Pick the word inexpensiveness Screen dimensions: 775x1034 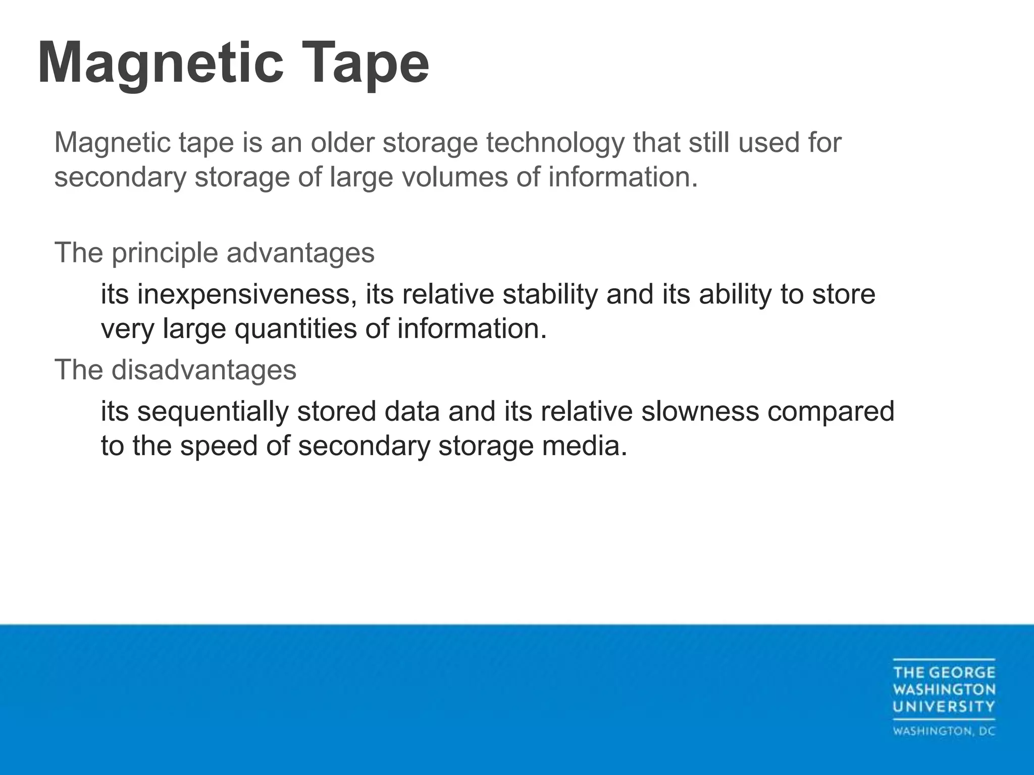coord(244,295)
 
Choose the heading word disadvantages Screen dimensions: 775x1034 coord(204,370)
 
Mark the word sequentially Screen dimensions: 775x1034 coord(213,411)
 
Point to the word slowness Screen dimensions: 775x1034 coord(700,411)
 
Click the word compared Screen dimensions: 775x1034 coord(831,411)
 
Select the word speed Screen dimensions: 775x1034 coord(219,446)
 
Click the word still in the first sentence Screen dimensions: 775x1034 coord(709,143)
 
